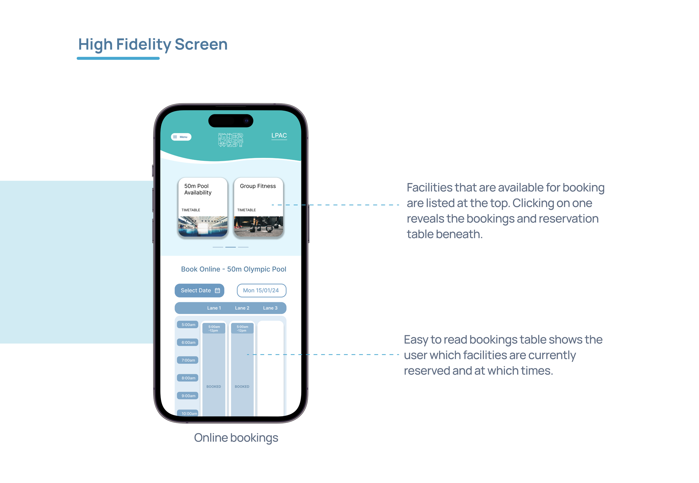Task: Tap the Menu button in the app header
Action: click(x=181, y=137)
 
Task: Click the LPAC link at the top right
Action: click(x=279, y=135)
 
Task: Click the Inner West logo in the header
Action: click(x=230, y=140)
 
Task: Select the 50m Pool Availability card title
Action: click(x=198, y=189)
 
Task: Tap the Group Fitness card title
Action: click(x=258, y=186)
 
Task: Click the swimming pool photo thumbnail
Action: click(x=202, y=226)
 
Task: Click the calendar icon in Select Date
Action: click(x=217, y=290)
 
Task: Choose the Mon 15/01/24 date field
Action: click(x=261, y=290)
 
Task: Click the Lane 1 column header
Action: click(x=214, y=308)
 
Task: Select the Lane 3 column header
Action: click(x=270, y=308)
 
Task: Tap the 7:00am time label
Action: click(x=188, y=360)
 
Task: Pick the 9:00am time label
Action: click(x=188, y=396)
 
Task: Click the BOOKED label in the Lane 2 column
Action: click(x=242, y=386)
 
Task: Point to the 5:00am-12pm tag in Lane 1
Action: click(x=214, y=329)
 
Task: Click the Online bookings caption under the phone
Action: click(x=236, y=438)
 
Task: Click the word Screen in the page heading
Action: click(x=201, y=44)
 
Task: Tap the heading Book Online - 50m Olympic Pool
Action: click(x=233, y=269)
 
